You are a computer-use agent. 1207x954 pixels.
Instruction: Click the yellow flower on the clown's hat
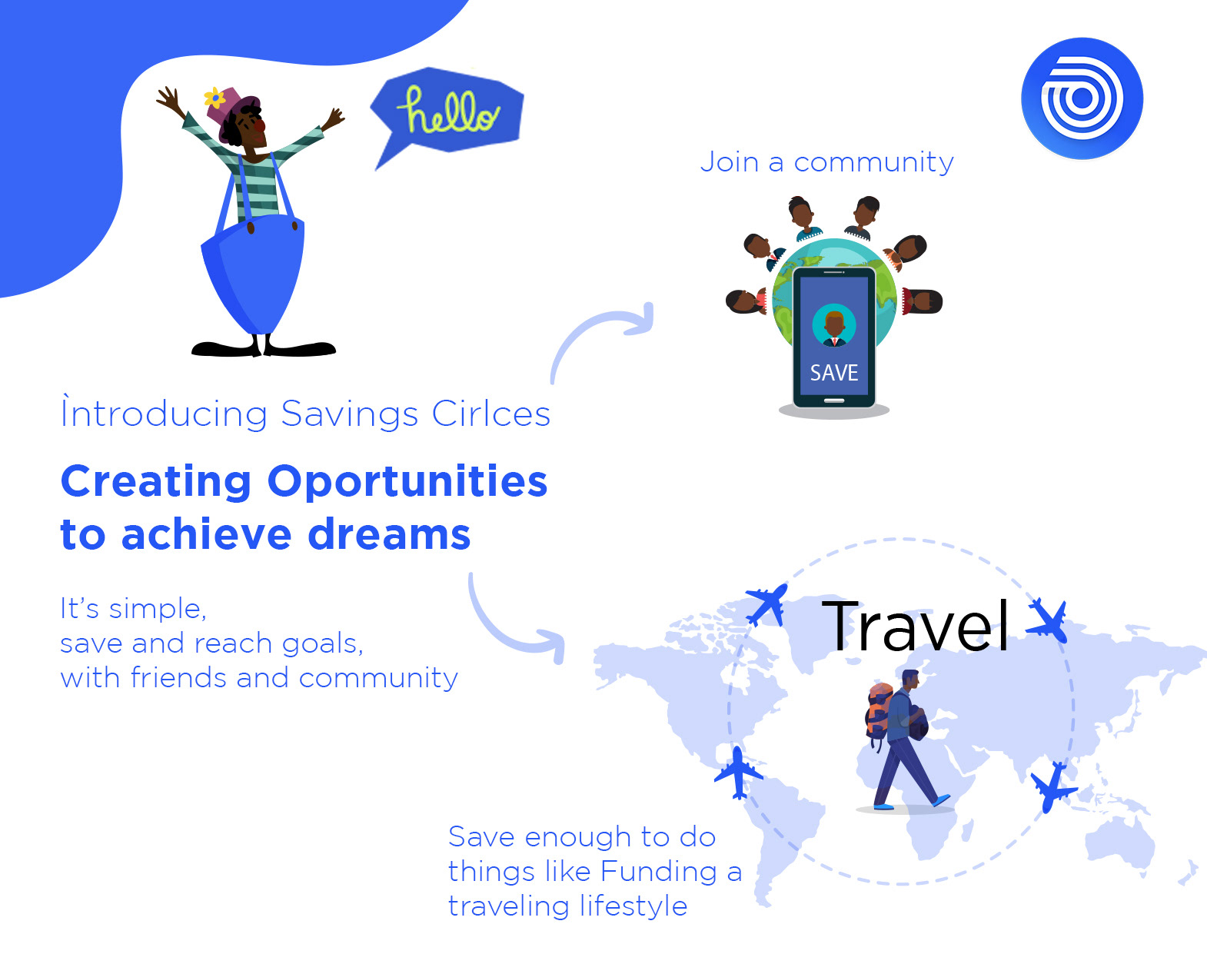tap(214, 98)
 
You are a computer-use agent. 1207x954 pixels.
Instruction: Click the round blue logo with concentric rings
tap(1082, 98)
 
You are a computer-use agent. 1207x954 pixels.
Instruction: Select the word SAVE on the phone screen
tap(834, 373)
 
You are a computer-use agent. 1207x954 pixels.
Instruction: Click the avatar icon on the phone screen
tap(834, 326)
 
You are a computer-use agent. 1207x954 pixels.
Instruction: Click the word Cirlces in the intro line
tap(490, 414)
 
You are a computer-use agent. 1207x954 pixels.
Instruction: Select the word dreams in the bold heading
tap(389, 534)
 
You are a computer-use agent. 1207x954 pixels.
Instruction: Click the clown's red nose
tap(260, 125)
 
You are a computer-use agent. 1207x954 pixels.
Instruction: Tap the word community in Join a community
tap(874, 163)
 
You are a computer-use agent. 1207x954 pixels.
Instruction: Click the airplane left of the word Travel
tap(766, 604)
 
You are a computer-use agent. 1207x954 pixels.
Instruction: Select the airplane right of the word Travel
tap(1047, 621)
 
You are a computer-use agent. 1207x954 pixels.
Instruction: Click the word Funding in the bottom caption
tap(658, 872)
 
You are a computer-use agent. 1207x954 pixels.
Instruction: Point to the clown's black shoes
tap(264, 348)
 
